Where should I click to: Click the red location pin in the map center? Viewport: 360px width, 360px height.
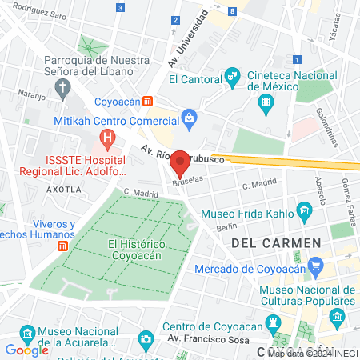[180, 163]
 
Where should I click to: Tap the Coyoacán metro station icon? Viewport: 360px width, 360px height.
[147, 102]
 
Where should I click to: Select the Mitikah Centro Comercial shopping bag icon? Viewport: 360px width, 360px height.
[189, 121]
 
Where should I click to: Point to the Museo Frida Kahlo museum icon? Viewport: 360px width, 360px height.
[303, 213]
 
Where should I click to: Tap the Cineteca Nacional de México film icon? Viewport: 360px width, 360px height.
[266, 102]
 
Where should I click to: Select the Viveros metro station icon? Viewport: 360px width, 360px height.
[63, 246]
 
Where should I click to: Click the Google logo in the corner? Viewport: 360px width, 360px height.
[26, 350]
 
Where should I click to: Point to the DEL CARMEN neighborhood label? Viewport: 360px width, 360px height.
[275, 242]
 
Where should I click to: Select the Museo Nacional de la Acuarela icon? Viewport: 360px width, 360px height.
[27, 332]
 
